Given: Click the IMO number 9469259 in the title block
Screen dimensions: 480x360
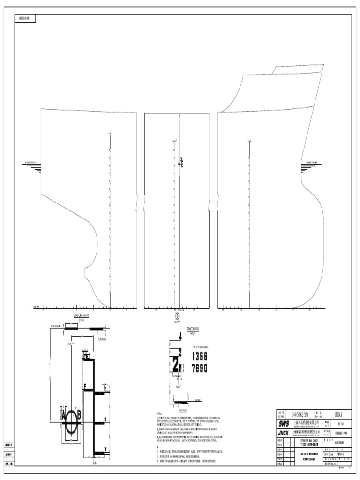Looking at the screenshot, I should [x=300, y=414].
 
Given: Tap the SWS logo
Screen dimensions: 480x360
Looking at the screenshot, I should [x=284, y=423].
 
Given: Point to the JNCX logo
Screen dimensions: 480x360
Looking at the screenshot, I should [x=284, y=433].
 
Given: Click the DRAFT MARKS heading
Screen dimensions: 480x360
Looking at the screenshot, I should [x=193, y=329].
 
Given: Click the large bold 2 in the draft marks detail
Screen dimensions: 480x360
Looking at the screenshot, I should [x=175, y=365].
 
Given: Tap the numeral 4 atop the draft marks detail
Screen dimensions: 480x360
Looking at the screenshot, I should [x=180, y=336].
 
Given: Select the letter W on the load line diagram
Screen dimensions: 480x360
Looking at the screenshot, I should [x=105, y=449].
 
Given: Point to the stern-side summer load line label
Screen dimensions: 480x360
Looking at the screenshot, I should [x=33, y=163].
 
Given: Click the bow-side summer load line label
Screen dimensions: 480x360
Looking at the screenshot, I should [x=315, y=163].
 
